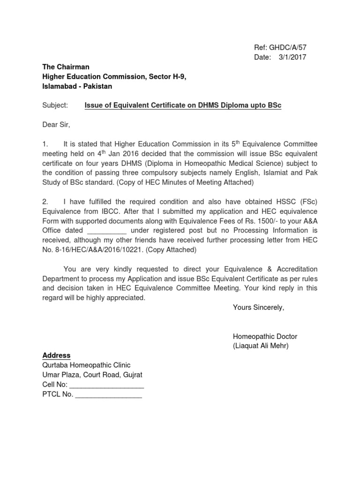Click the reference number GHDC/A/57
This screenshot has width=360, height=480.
point(290,47)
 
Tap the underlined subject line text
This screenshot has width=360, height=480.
point(183,105)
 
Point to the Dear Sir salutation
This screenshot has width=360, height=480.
point(56,125)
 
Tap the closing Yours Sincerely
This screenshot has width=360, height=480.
point(258,308)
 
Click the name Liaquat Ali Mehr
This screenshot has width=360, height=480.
point(261,346)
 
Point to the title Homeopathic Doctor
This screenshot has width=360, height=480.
point(265,337)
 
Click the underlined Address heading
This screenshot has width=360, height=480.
point(56,355)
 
